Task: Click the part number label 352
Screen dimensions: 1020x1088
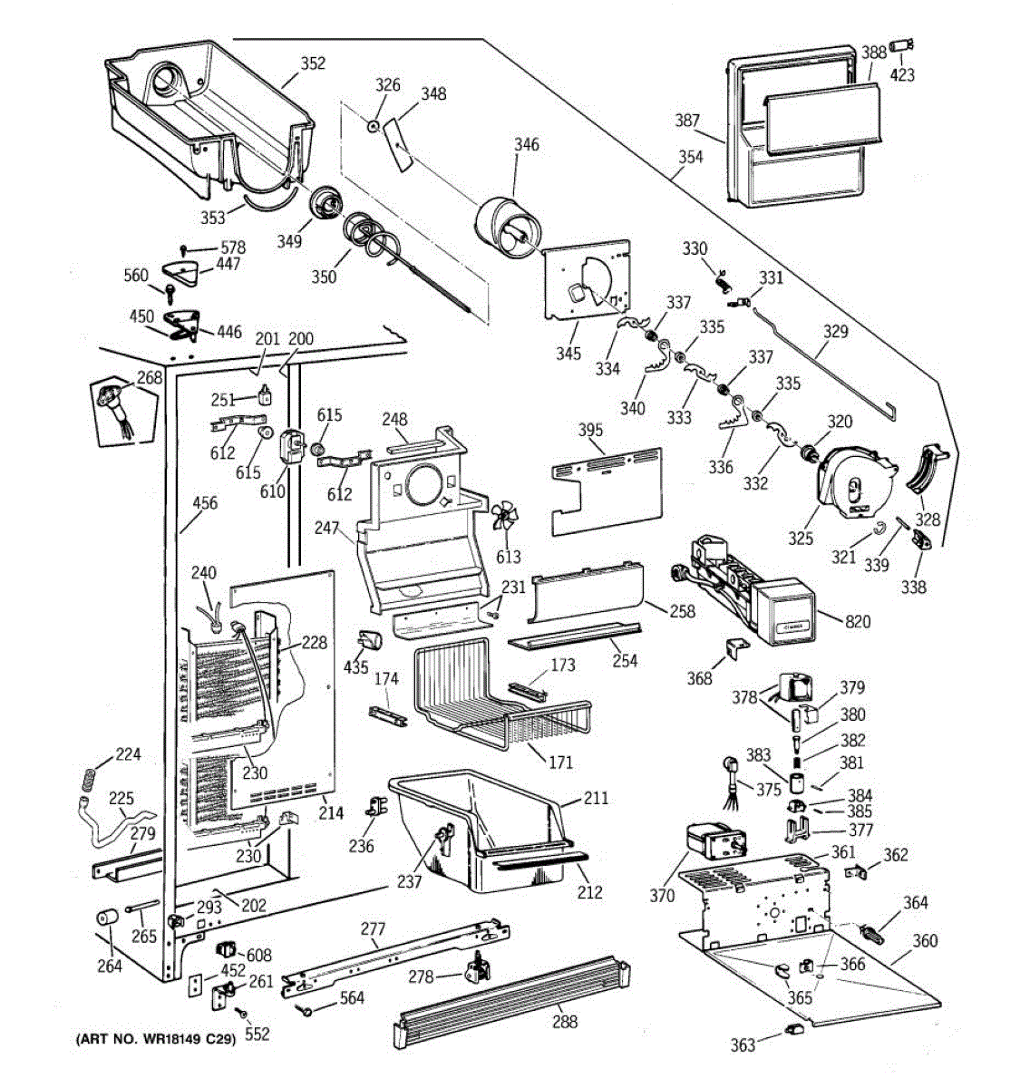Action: tap(313, 63)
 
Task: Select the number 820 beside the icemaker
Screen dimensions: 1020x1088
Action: tap(858, 621)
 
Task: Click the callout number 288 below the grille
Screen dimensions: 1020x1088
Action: tap(565, 1021)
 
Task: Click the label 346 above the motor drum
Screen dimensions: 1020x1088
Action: tap(526, 145)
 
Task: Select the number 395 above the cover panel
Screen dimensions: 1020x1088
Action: tap(590, 430)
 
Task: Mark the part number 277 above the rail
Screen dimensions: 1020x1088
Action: tap(373, 928)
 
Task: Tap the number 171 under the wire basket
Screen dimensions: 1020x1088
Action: tap(560, 762)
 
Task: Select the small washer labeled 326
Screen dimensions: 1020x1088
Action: tap(374, 126)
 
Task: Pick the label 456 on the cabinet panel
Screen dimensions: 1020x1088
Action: tap(205, 502)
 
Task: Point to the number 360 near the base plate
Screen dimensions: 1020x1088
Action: tap(925, 940)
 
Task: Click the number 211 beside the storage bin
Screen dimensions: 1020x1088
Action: tap(596, 798)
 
